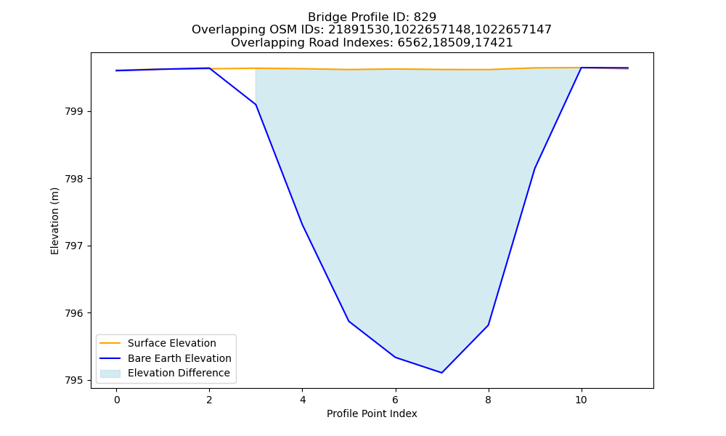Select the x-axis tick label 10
[581, 400]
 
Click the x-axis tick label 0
[117, 400]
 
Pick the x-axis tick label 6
[396, 400]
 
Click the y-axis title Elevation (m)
[54, 221]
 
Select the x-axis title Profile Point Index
[372, 413]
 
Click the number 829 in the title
[425, 17]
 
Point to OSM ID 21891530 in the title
[359, 30]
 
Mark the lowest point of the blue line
[441, 373]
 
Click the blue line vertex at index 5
[348, 321]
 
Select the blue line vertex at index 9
[535, 168]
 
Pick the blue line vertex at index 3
[256, 104]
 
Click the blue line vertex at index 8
[488, 326]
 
